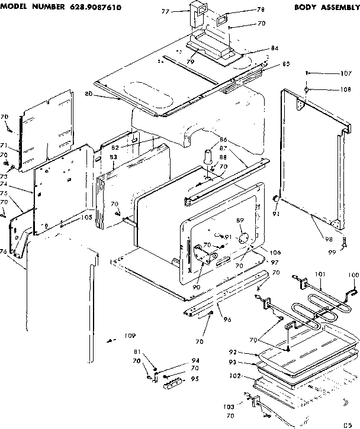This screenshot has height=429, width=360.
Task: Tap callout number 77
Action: (x=166, y=11)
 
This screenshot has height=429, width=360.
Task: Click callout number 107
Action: (x=346, y=74)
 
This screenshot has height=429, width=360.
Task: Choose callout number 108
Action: (x=346, y=90)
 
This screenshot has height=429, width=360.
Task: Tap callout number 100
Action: (x=353, y=275)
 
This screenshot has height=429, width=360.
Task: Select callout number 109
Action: (x=129, y=337)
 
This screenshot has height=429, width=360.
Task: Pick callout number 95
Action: (x=195, y=379)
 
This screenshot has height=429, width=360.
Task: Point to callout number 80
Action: (x=88, y=93)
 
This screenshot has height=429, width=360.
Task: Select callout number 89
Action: (x=240, y=220)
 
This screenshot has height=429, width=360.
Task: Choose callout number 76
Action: (x=4, y=252)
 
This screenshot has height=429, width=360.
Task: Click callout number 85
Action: (x=269, y=64)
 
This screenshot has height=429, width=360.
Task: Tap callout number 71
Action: (x=4, y=145)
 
